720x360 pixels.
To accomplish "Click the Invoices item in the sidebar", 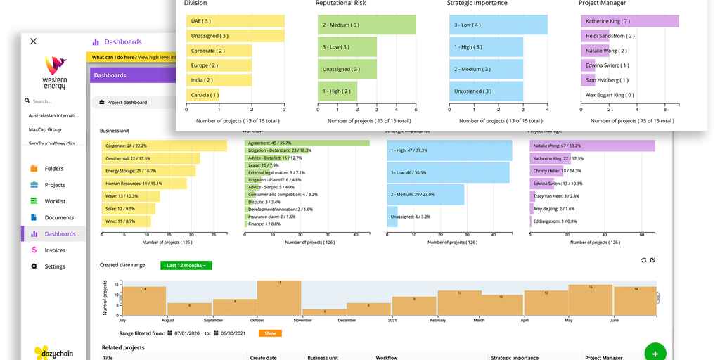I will tap(54, 250).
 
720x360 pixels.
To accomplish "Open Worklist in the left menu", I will tap(54, 201).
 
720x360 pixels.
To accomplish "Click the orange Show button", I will tap(270, 333).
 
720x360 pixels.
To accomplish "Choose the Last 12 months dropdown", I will tap(186, 266).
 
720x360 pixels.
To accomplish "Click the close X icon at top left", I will tap(33, 41).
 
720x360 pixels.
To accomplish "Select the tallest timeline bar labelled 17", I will tap(279, 300).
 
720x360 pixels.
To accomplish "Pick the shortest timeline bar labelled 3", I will tap(324, 312).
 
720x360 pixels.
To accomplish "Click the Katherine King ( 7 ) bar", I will tap(630, 21).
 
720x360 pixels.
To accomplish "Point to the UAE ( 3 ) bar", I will tap(235, 21).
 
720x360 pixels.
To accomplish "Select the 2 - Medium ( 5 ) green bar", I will tap(366, 25).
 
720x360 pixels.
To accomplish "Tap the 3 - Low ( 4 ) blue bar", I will tap(498, 25).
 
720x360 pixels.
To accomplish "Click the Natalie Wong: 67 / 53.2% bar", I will tap(592, 146).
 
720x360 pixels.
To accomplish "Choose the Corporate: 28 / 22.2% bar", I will tap(165, 146).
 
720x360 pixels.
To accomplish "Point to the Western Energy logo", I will tap(54, 72).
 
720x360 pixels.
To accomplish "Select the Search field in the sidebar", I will tap(56, 101).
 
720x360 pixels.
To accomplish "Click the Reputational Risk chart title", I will tap(346, 3).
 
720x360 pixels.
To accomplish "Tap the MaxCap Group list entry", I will tap(45, 129).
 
